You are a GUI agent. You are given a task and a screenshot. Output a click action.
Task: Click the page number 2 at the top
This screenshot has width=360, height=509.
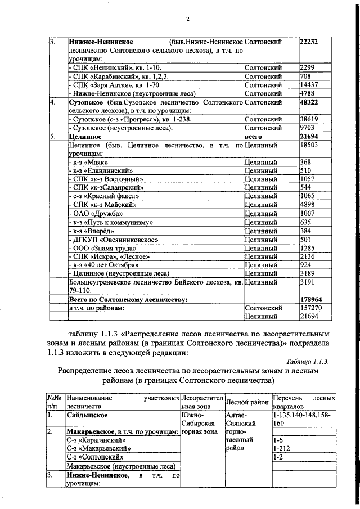188,19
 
